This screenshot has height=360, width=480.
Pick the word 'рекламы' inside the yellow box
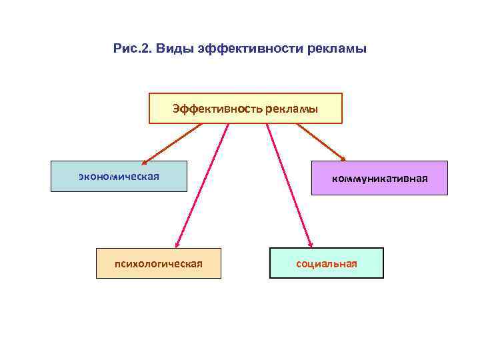[291, 108]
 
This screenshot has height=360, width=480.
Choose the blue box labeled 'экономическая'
[119, 176]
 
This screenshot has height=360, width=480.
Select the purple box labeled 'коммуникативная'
[379, 178]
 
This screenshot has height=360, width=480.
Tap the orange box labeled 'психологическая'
[158, 263]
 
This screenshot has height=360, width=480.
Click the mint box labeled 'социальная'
[327, 263]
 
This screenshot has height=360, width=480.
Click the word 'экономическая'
[119, 176]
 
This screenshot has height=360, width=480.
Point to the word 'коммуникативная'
[380, 179]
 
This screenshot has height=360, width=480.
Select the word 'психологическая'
[158, 263]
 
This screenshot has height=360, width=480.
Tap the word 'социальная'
[327, 263]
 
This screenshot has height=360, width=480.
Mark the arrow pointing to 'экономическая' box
[172, 143]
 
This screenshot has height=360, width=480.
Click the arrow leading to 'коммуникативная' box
[321, 141]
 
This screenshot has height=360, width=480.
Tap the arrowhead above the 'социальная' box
[309, 245]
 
